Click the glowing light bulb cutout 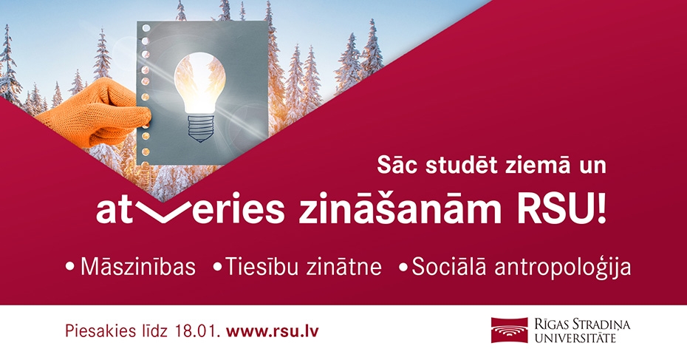(199, 82)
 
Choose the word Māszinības (138, 266)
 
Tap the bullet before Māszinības (70, 268)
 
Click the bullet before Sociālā (403, 268)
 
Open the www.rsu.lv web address (273, 330)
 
